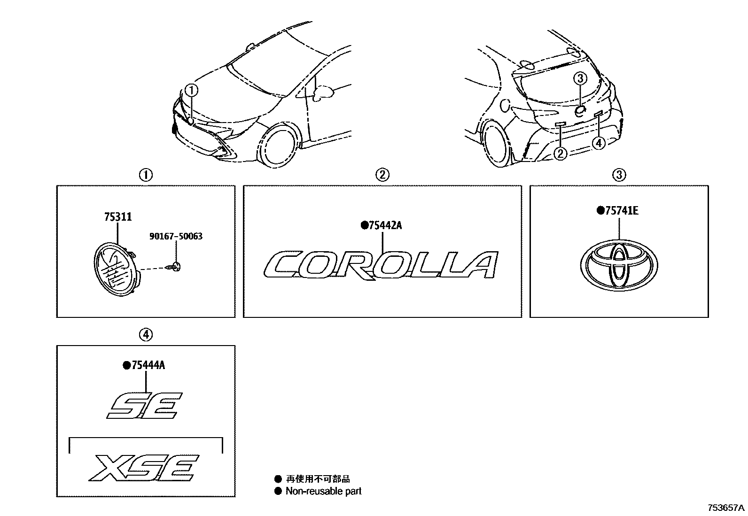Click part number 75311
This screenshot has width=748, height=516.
point(118,217)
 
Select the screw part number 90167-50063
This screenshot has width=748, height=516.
point(176,236)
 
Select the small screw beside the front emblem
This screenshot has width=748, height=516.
point(174,267)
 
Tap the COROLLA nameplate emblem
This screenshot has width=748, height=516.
point(381,265)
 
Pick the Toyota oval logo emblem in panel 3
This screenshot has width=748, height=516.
point(619,265)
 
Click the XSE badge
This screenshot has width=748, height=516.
point(144,468)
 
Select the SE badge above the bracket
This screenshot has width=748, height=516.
point(144,405)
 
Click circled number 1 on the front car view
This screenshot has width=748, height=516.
point(192,90)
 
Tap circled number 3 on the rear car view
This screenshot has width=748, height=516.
point(580,78)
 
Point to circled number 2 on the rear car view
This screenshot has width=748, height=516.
point(561,154)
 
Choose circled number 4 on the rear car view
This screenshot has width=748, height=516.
point(599,143)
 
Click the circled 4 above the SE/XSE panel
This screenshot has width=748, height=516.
point(146,334)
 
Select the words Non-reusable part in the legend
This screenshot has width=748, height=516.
point(324,491)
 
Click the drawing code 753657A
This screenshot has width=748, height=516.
point(726,508)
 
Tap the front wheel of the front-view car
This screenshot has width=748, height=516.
point(278,144)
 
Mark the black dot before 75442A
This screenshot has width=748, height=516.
point(364,226)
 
